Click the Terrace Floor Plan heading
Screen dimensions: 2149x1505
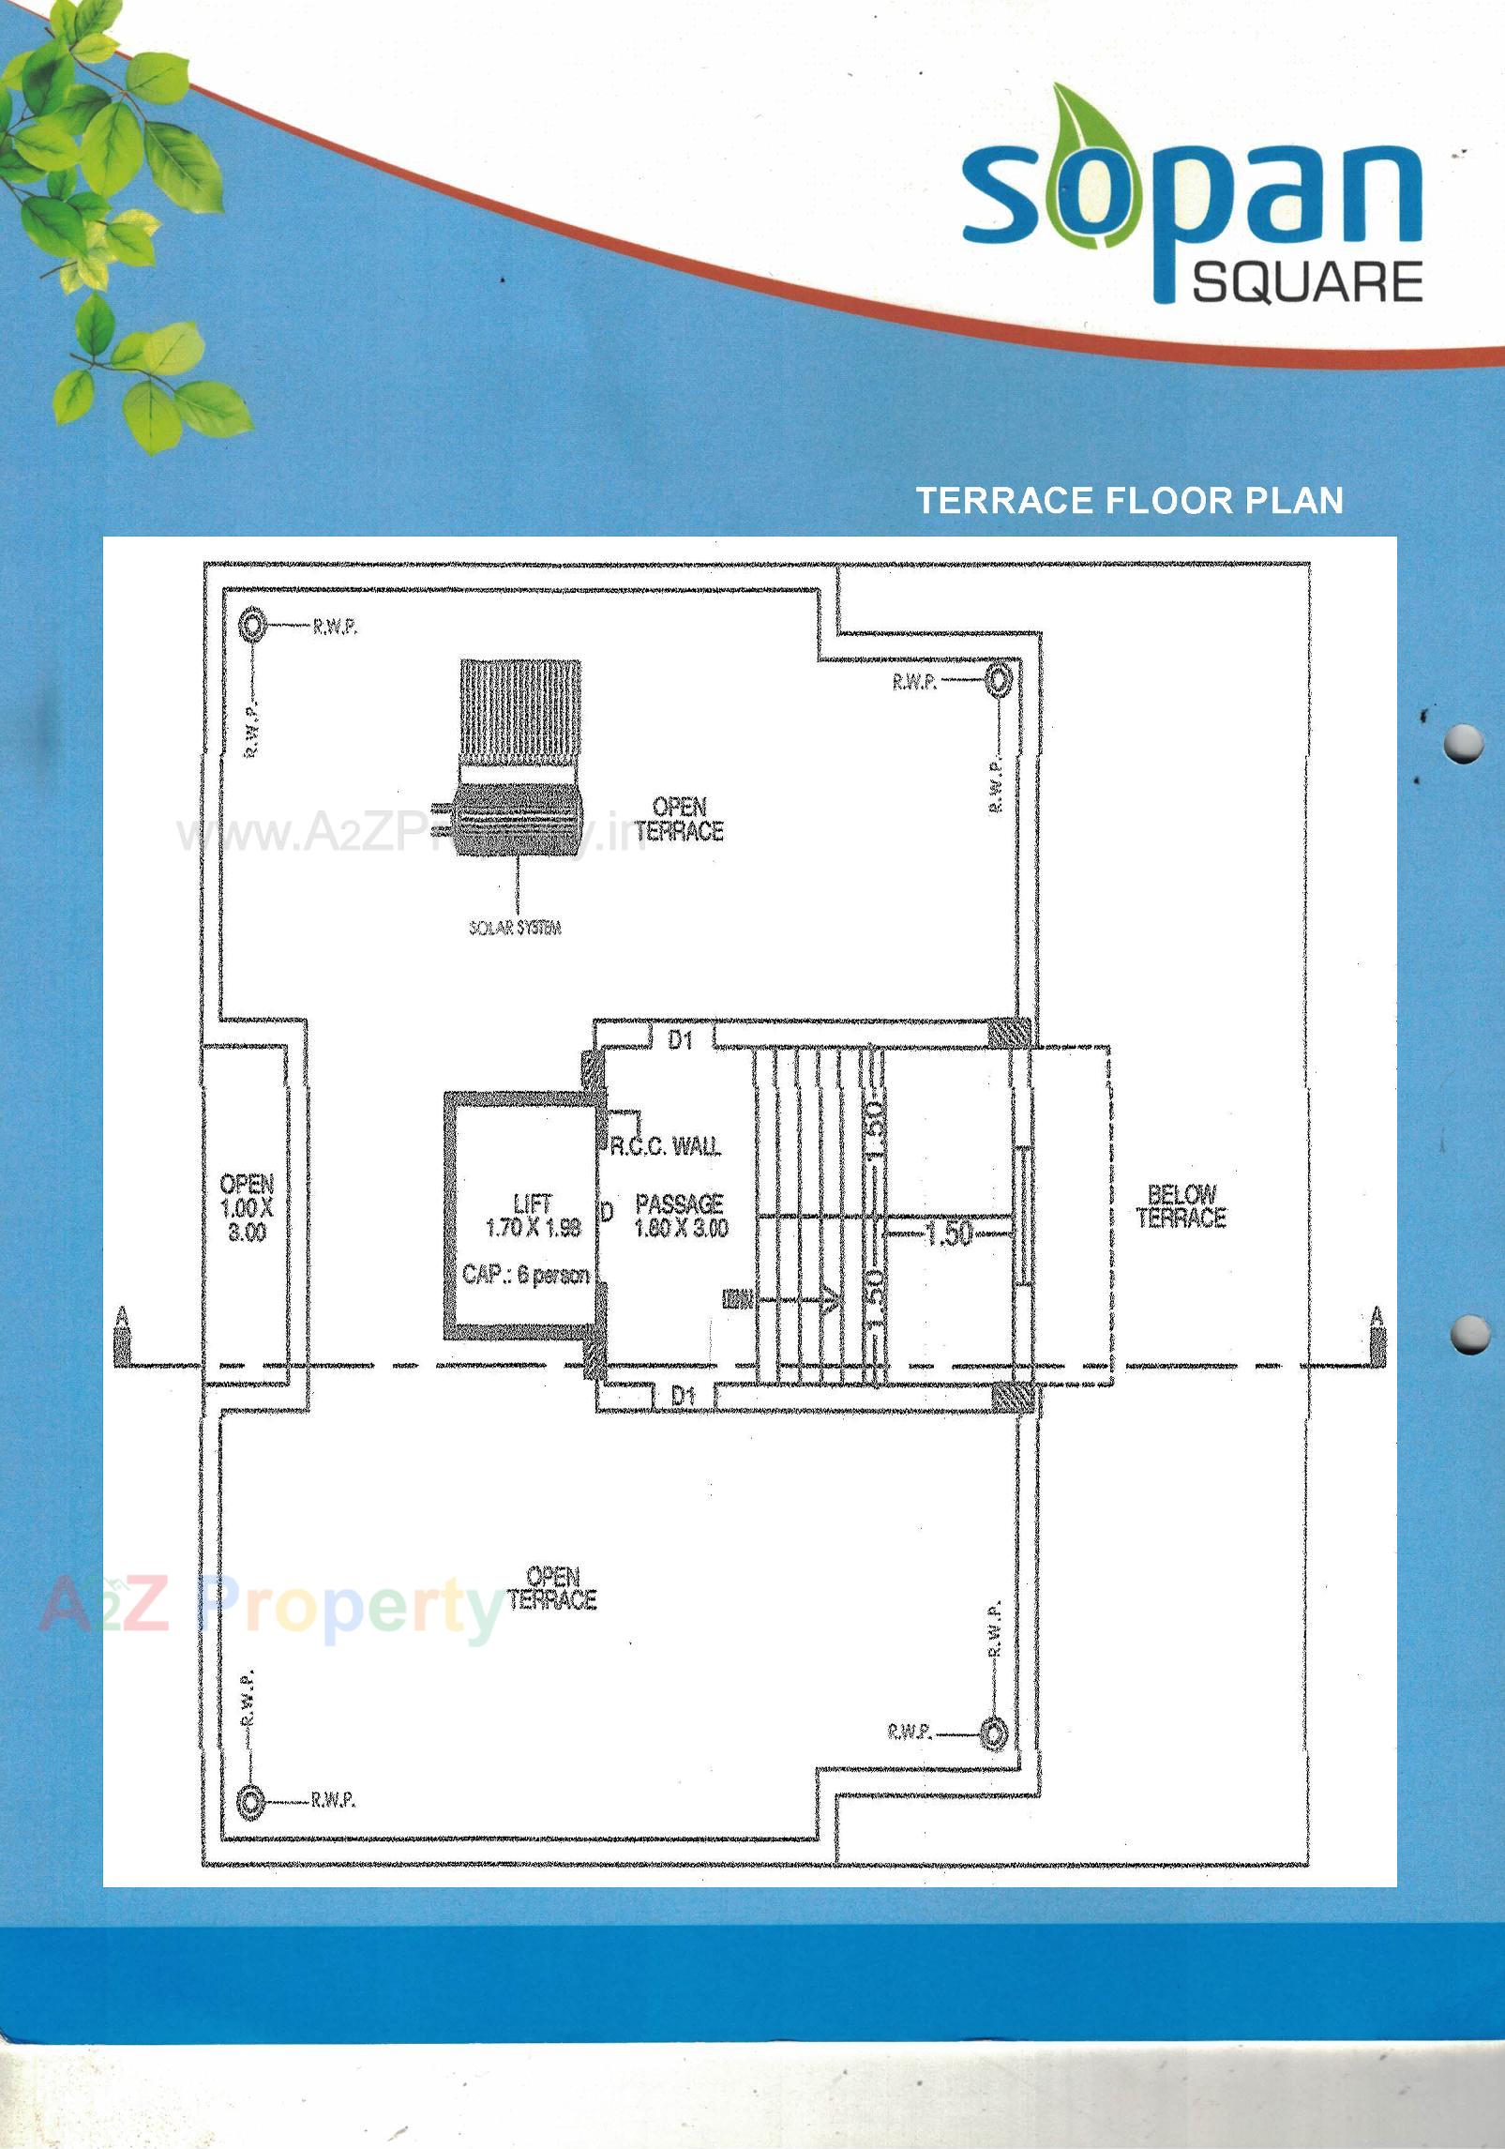(x=1129, y=500)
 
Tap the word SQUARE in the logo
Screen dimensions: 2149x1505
(x=1306, y=280)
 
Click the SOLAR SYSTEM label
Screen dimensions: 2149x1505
(x=515, y=928)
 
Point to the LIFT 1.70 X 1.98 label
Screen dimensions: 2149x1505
(x=533, y=1215)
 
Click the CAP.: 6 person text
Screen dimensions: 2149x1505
(x=525, y=1274)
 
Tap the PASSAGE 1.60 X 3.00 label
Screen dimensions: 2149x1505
(x=681, y=1215)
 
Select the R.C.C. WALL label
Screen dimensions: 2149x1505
(x=665, y=1145)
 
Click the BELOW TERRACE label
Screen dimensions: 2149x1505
(x=1181, y=1205)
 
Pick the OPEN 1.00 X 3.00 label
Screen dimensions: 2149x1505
(x=247, y=1207)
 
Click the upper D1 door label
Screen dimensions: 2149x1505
(x=680, y=1038)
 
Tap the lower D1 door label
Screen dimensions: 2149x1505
(x=684, y=1396)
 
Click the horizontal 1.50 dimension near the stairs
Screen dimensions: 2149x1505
(x=948, y=1233)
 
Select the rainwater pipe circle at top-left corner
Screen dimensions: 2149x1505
(x=252, y=625)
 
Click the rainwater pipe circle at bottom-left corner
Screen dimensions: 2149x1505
(x=250, y=1801)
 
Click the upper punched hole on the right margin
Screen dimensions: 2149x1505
(x=1463, y=744)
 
